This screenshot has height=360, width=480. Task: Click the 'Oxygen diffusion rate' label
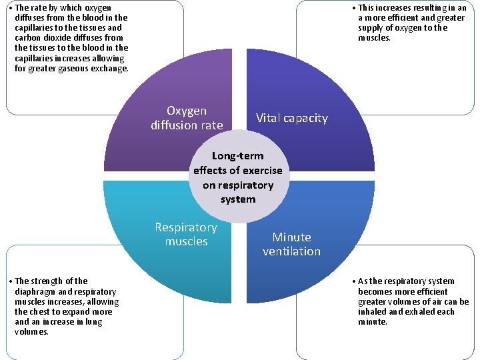coord(187,118)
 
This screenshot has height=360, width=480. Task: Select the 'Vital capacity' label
coord(292,118)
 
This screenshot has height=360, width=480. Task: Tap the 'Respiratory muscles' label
coord(186,234)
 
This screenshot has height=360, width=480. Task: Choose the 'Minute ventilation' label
coord(291,244)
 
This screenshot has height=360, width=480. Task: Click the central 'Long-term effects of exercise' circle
coord(238,177)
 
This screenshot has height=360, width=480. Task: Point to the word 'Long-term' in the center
coord(238,156)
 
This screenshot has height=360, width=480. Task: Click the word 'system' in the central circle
coord(238,199)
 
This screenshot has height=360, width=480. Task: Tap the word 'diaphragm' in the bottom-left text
coord(35,291)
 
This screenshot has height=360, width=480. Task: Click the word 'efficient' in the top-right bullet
coord(399,18)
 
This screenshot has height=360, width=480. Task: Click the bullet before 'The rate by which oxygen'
coord(10,8)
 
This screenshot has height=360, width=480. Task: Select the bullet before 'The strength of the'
coord(10,281)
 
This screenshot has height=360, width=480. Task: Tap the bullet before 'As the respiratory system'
coord(353,281)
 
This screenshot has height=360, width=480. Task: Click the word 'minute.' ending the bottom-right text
coord(372,321)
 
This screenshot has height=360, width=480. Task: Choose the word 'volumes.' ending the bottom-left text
coord(31,331)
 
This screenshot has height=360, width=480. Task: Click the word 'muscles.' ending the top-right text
coord(374,38)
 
